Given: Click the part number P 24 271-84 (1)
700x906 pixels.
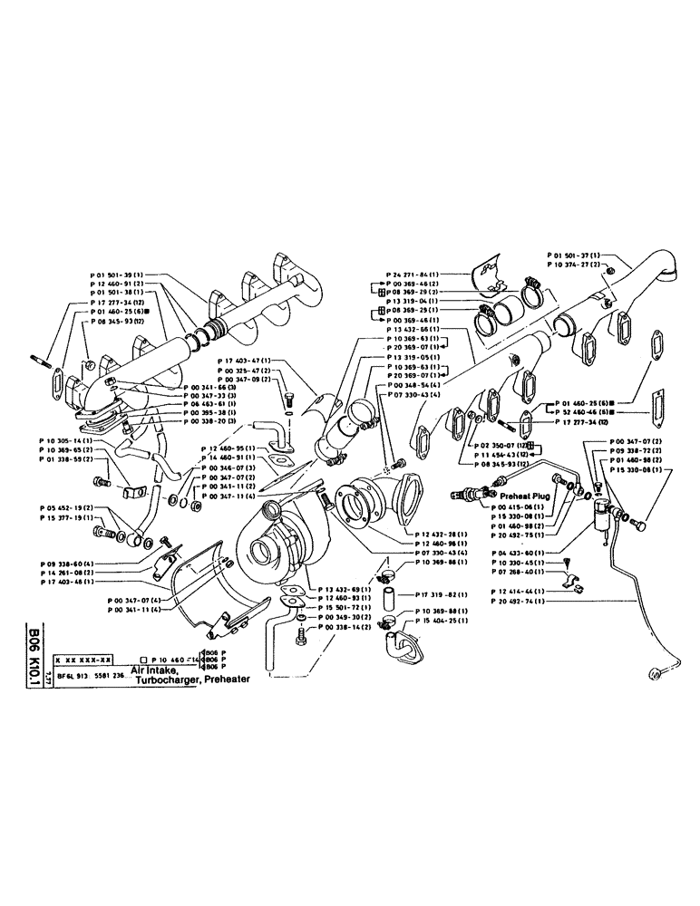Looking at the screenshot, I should tap(413, 274).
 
